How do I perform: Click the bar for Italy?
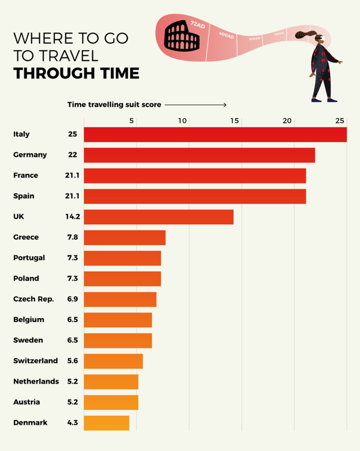[215, 134]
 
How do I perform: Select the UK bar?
[158, 217]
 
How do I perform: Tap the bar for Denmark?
[107, 423]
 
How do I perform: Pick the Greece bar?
[125, 237]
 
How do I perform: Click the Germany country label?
[30, 155]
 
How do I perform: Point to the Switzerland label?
[35, 361]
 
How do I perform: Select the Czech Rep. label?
[33, 299]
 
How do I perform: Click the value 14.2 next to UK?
[72, 217]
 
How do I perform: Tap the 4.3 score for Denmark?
[72, 423]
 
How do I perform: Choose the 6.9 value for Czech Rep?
[72, 299]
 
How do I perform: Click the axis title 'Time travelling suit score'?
[114, 105]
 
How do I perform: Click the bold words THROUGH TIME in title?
[76, 73]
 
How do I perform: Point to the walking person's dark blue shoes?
[324, 100]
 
